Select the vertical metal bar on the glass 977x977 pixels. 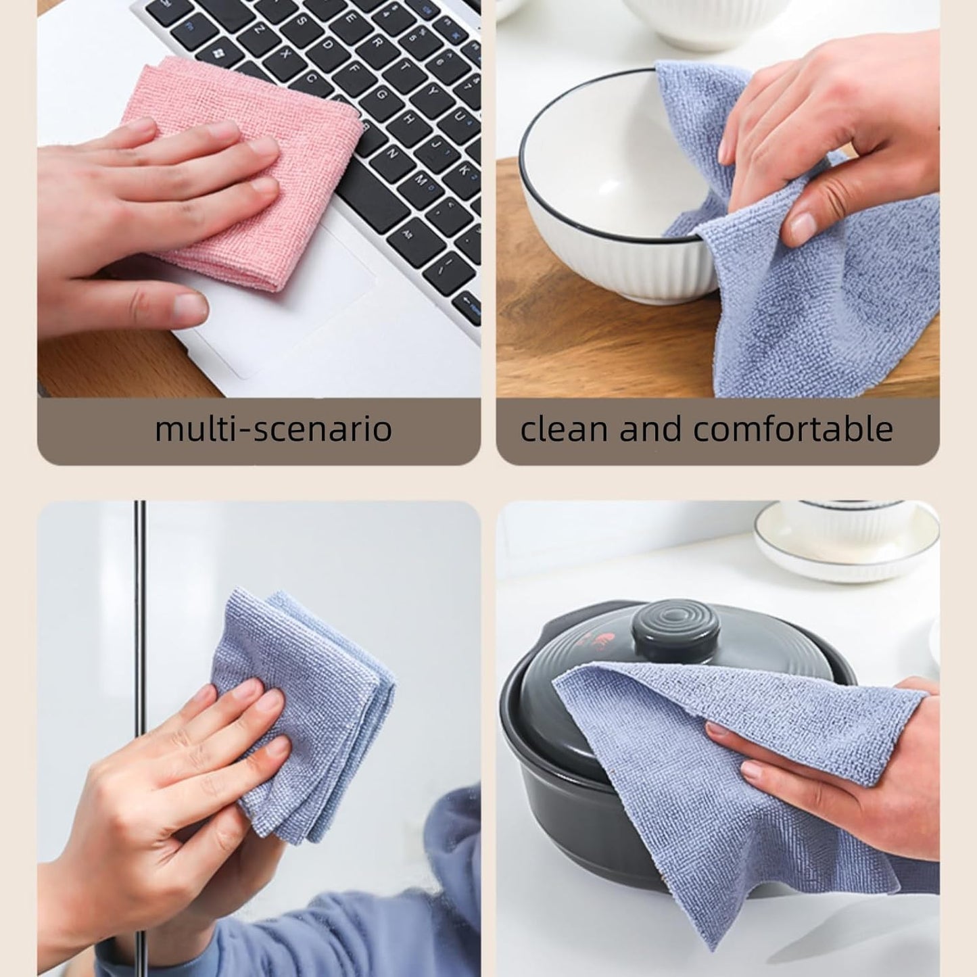[140, 609]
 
